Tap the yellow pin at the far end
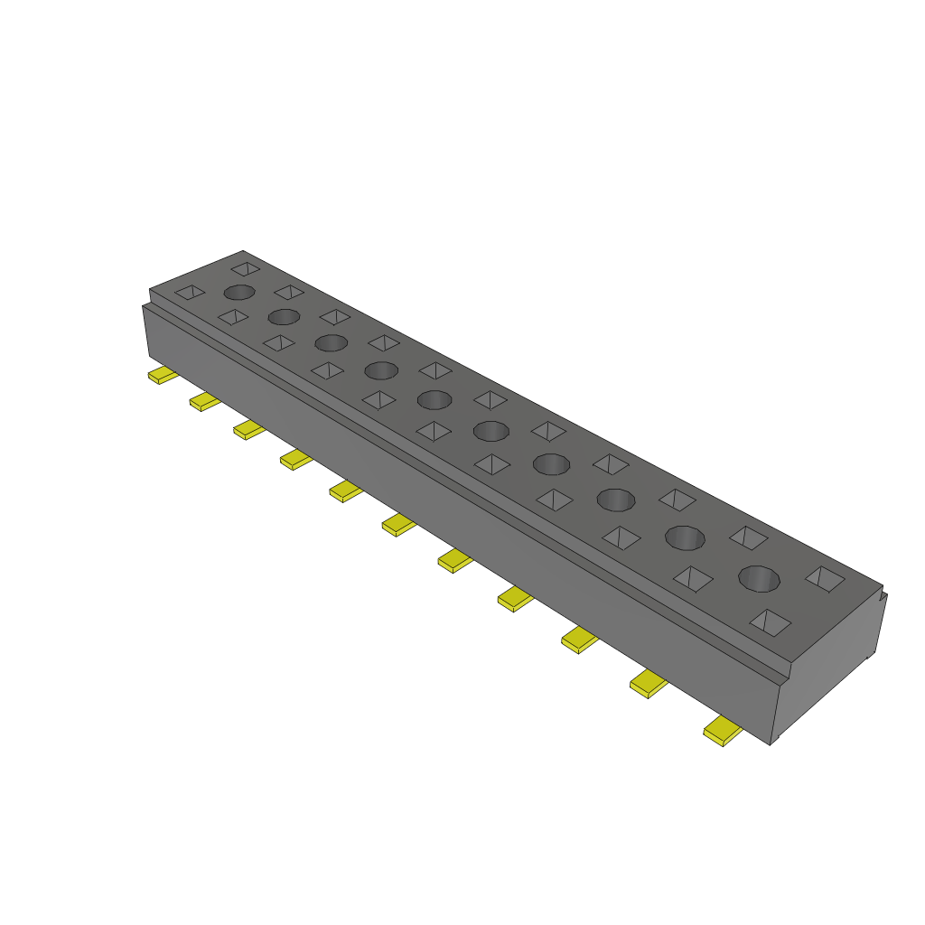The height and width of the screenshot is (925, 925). click(x=163, y=375)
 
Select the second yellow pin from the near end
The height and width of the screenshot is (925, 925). click(x=648, y=685)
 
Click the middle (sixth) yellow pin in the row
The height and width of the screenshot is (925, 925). click(x=398, y=523)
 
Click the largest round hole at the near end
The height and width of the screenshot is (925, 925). click(x=759, y=578)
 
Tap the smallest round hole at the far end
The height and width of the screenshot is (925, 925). click(x=239, y=292)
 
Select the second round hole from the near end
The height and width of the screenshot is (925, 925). click(x=685, y=537)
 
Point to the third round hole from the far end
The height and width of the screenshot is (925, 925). click(x=331, y=343)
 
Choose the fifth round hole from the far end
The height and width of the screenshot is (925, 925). click(x=434, y=399)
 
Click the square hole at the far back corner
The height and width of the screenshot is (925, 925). click(x=245, y=268)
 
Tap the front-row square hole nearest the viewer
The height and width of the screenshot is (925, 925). click(x=770, y=621)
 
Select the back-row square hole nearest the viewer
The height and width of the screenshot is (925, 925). click(x=826, y=579)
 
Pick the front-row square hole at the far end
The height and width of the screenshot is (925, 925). click(x=190, y=292)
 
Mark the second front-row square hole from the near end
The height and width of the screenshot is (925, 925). click(x=693, y=578)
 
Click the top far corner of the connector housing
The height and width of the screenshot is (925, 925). click(x=243, y=252)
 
